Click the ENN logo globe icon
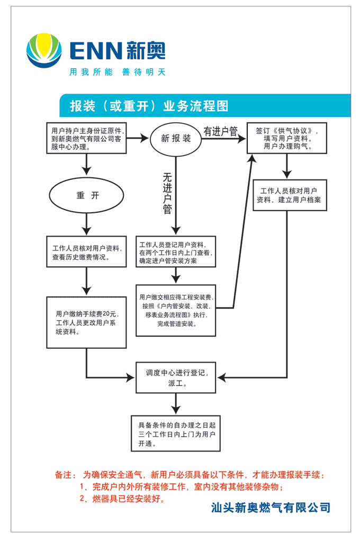click(43, 51)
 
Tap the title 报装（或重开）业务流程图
click(149, 106)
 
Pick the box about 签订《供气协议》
click(286, 138)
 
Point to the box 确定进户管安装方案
click(175, 252)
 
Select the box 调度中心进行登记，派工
click(175, 377)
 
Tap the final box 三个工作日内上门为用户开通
click(176, 432)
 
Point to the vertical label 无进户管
click(167, 194)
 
